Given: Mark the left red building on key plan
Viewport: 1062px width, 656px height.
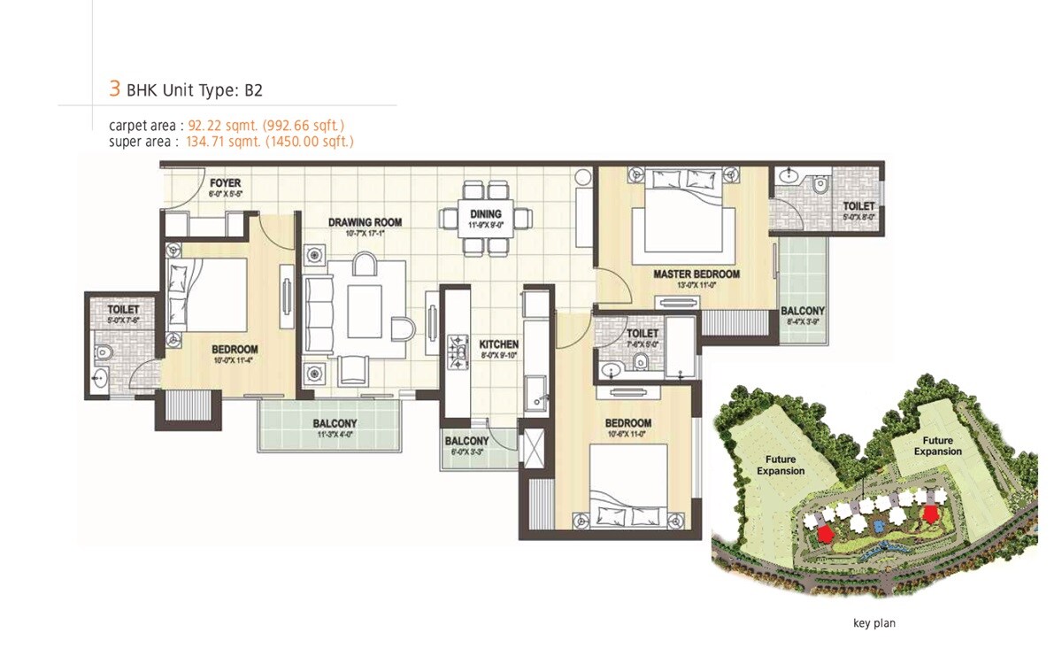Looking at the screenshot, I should (825, 533).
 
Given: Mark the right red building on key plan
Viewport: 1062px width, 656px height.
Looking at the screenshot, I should (929, 513).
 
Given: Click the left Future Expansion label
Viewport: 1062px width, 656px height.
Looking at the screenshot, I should (781, 466).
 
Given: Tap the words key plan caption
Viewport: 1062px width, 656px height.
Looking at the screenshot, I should (873, 623).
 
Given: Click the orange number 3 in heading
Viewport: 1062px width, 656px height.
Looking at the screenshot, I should (114, 89).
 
